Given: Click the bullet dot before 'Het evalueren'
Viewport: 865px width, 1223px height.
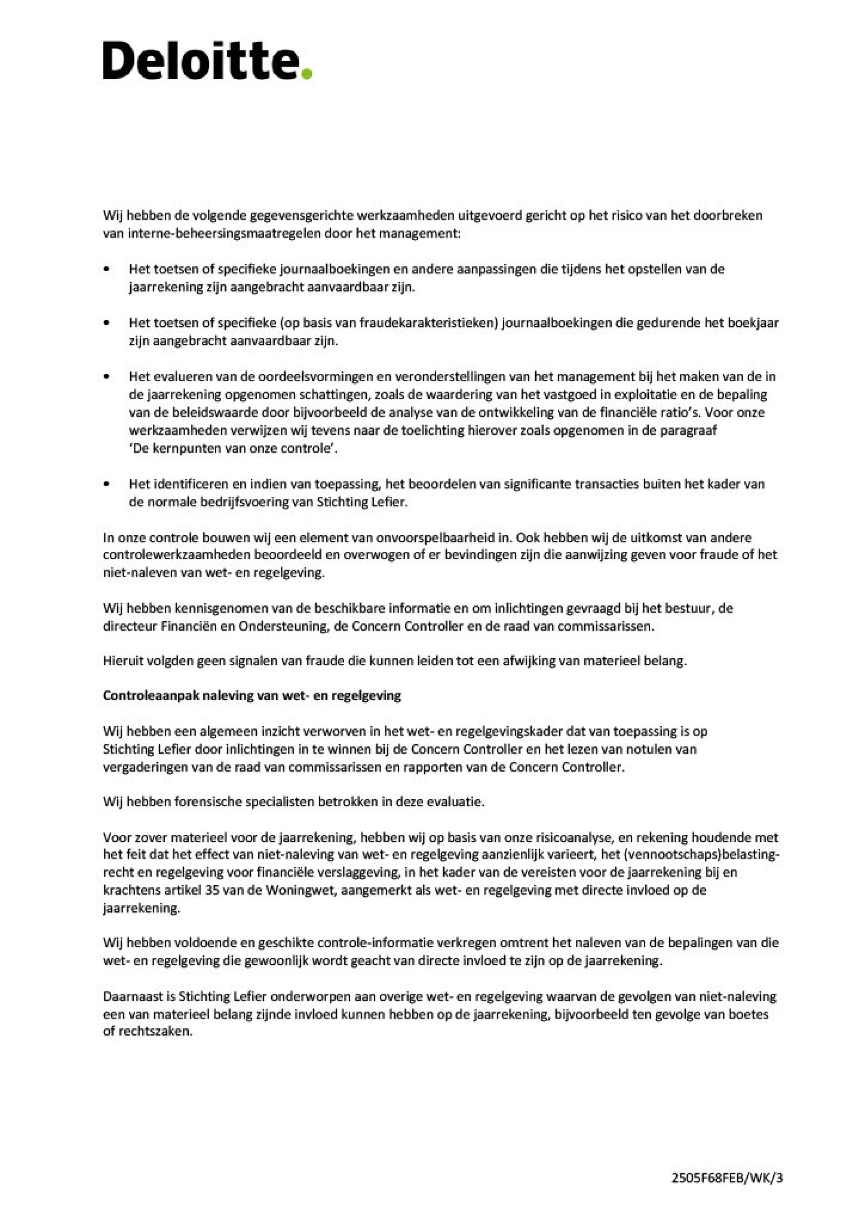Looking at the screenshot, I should pyautogui.click(x=108, y=377).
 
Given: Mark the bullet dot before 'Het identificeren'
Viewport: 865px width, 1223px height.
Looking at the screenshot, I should pyautogui.click(x=108, y=484).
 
